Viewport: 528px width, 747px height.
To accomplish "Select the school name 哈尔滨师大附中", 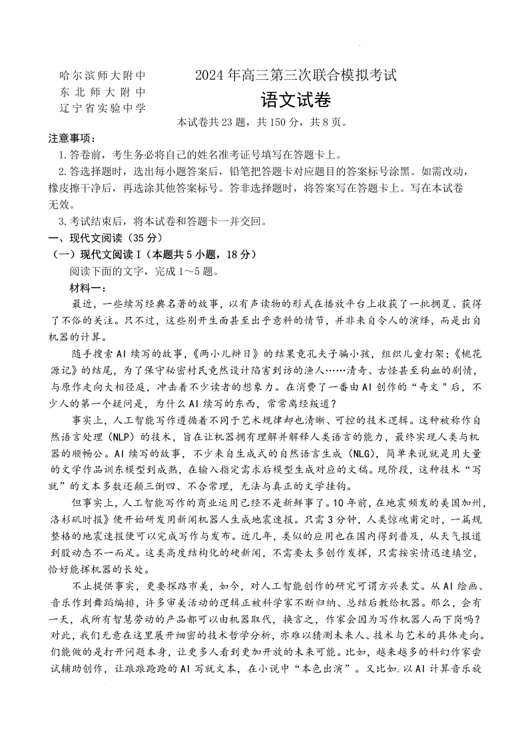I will (102, 76).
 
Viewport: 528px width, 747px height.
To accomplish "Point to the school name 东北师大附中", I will (102, 92).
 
